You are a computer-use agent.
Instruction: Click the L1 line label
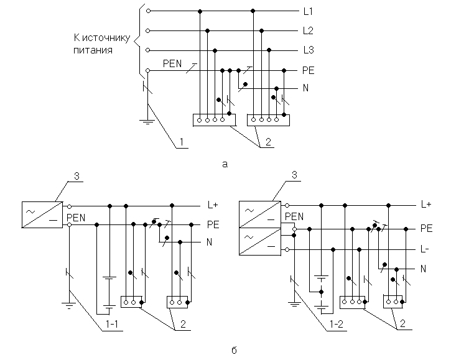click(308, 12)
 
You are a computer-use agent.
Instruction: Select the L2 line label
click(308, 30)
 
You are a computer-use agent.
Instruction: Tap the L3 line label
click(308, 50)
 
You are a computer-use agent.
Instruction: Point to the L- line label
click(426, 249)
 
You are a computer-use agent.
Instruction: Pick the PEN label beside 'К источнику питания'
click(172, 63)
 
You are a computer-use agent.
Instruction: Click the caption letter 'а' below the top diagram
click(225, 164)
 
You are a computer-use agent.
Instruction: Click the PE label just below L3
click(308, 71)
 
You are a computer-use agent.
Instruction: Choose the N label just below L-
click(422, 269)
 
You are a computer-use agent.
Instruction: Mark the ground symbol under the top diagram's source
click(147, 121)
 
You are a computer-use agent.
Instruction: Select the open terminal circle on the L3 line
click(147, 50)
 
